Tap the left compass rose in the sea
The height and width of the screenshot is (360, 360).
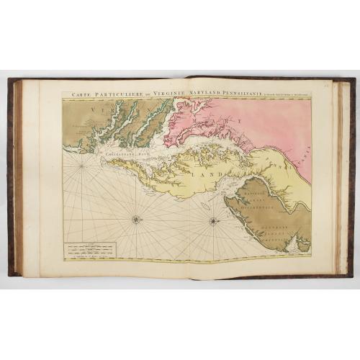coord(136,219)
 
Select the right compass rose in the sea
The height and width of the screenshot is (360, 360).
coord(214,220)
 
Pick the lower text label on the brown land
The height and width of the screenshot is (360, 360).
coord(274,231)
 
